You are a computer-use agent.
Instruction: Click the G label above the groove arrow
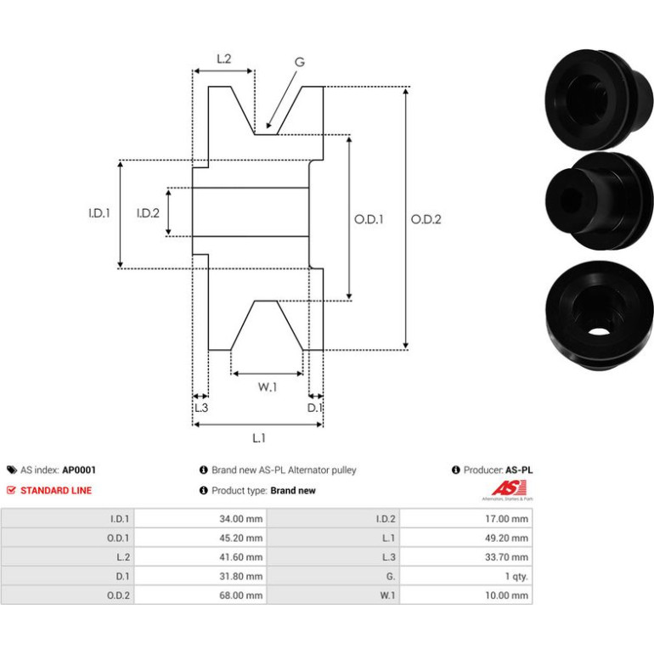[x=300, y=62]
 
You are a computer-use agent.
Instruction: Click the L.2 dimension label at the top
[x=224, y=59]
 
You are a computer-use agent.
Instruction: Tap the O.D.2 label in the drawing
[x=426, y=219]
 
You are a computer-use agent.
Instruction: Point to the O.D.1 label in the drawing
[x=369, y=219]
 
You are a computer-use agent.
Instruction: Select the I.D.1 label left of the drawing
[x=99, y=213]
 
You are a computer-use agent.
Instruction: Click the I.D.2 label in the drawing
[x=148, y=213]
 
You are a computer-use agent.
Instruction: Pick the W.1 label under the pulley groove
[x=268, y=387]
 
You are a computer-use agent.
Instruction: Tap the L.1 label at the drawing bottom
[x=259, y=438]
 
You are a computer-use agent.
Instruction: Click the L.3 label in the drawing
[x=201, y=408]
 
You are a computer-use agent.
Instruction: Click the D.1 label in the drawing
[x=315, y=408]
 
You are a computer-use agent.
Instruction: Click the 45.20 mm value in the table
[x=241, y=538]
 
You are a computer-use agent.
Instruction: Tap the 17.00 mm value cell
[x=506, y=519]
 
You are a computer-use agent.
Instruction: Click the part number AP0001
[x=79, y=470]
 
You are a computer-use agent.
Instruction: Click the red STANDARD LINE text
[x=56, y=491]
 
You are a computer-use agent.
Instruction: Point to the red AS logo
[x=509, y=488]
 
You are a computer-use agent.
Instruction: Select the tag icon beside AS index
[x=12, y=470]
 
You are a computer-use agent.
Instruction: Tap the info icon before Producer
[x=456, y=470]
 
